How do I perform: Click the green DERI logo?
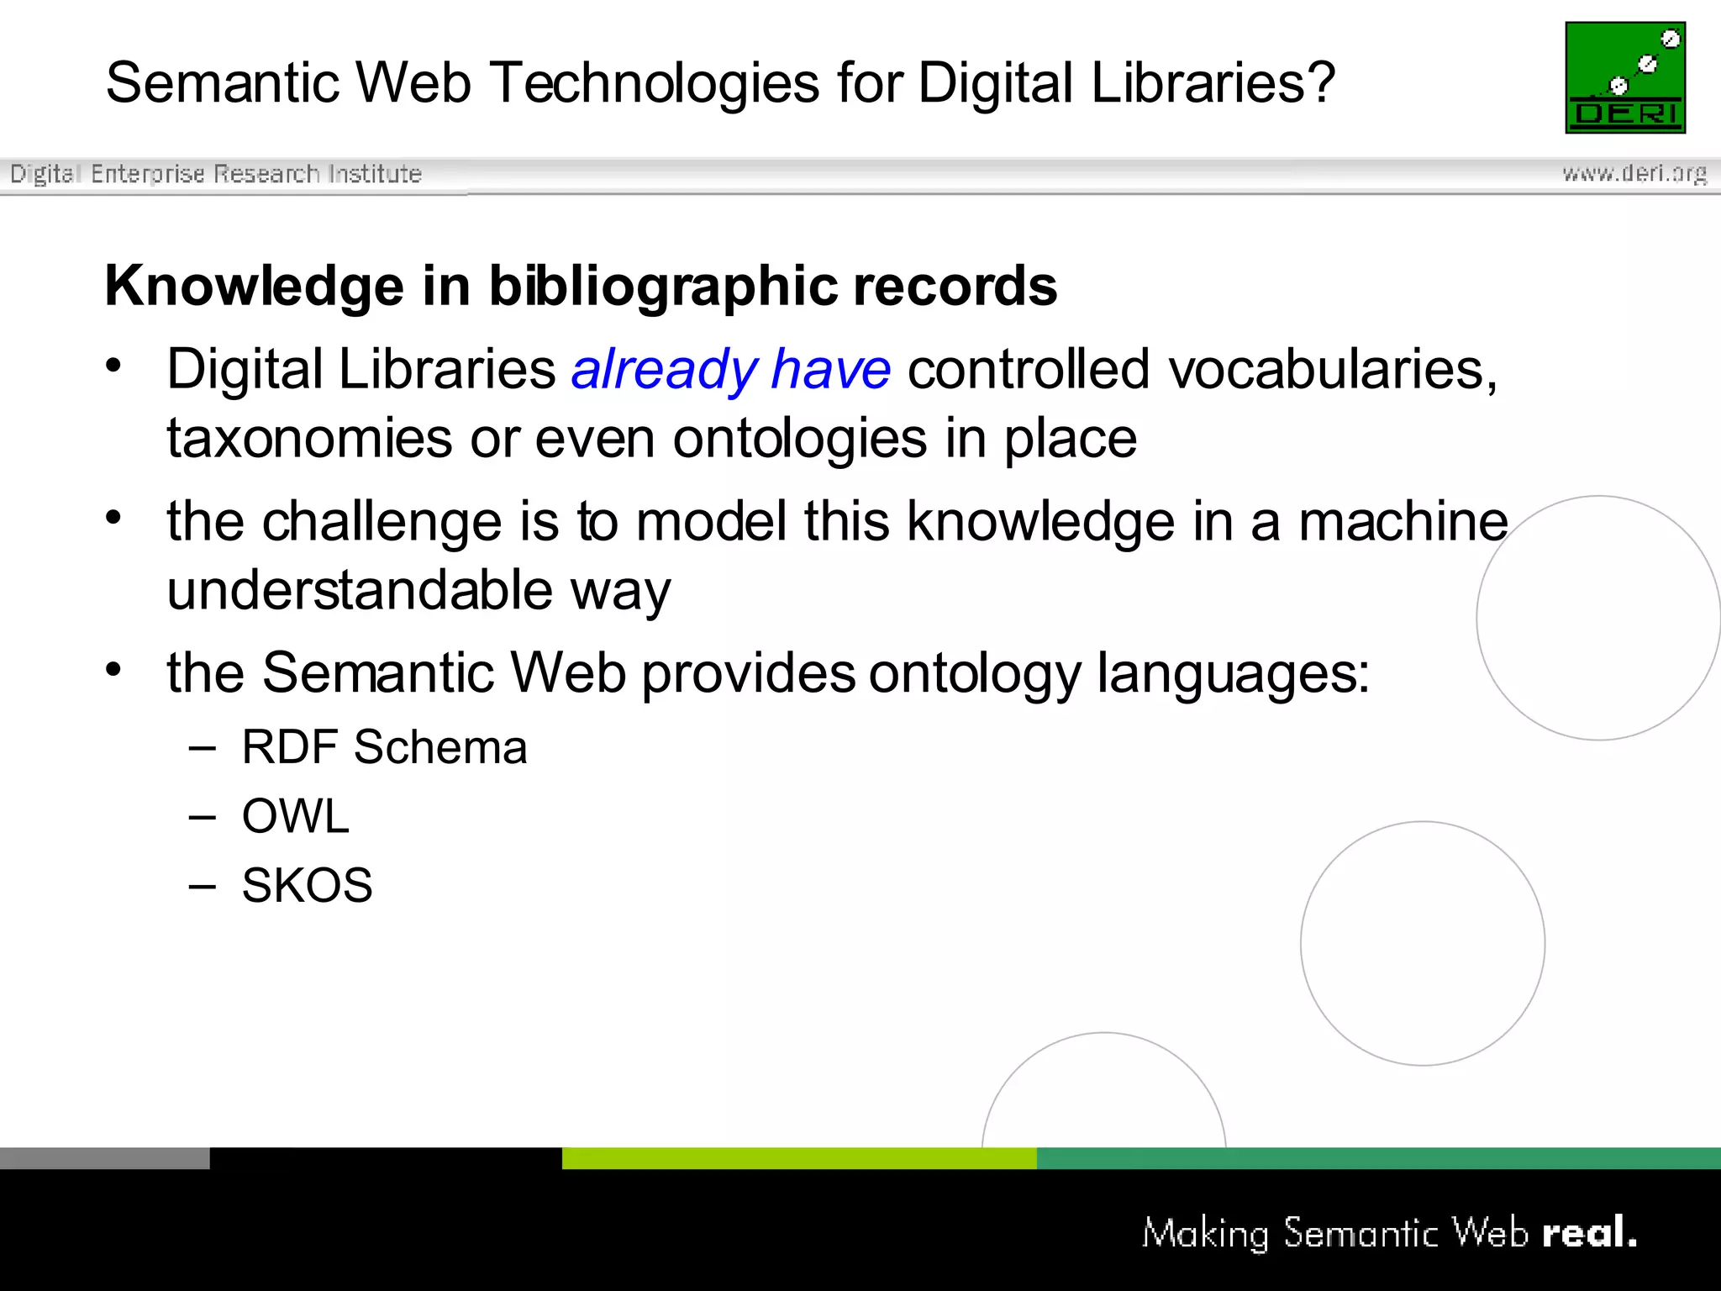[1624, 77]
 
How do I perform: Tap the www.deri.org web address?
[1634, 173]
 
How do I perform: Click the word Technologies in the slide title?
[655, 84]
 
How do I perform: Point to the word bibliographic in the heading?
[663, 287]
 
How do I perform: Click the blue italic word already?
[664, 370]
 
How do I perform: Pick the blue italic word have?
[830, 370]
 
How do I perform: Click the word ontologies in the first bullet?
[799, 439]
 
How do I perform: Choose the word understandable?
[360, 590]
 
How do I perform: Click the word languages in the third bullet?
[1233, 674]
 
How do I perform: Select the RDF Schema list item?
[384, 747]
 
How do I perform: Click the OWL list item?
[295, 816]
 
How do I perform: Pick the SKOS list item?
[307, 885]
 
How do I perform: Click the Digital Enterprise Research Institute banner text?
[216, 174]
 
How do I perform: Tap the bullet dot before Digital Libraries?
[114, 366]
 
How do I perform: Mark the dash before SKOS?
[203, 886]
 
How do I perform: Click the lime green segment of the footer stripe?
[798, 1158]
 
